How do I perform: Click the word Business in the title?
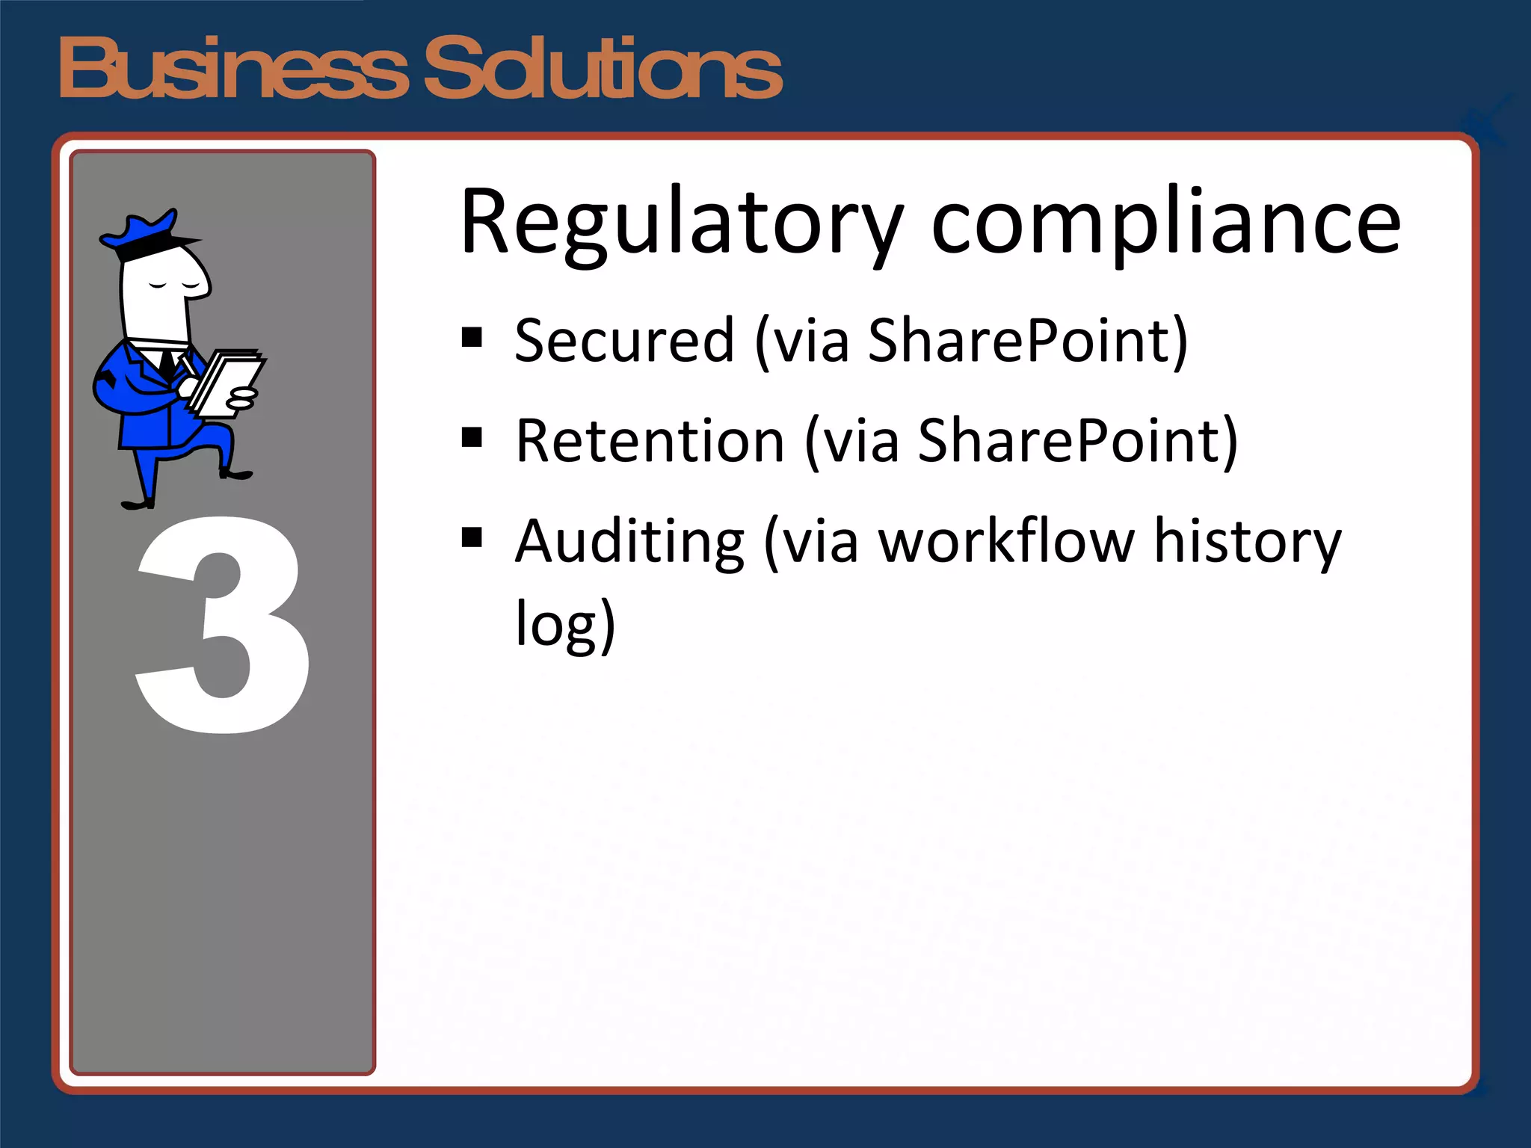point(232,69)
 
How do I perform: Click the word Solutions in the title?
point(603,69)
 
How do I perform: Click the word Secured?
point(625,341)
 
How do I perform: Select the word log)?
point(565,625)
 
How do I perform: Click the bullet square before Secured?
point(472,337)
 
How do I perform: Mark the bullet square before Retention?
point(472,436)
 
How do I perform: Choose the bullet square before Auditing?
point(472,537)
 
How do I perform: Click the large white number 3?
point(223,625)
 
